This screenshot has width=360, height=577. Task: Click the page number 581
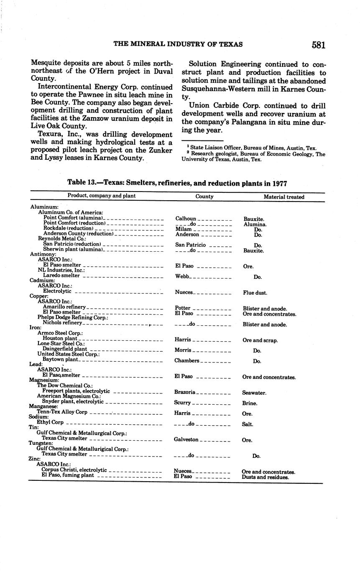318,45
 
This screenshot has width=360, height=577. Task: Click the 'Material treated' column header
284,197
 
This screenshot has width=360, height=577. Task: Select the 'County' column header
204,197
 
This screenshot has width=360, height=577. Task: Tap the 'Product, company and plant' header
102,196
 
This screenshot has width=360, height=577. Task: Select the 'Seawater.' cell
254,393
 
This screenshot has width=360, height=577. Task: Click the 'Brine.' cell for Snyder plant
250,403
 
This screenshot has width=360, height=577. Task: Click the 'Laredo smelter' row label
61,276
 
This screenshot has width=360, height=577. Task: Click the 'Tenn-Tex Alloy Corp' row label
62,412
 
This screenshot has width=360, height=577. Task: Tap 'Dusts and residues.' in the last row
265,477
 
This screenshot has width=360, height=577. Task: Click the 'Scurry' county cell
182,403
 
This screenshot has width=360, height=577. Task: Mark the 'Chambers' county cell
186,360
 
